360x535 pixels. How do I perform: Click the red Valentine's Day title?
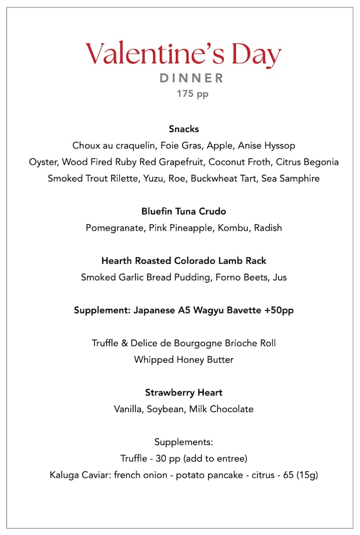(183, 55)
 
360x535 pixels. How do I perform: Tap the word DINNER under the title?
(192, 78)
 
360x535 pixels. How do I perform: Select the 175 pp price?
(193, 94)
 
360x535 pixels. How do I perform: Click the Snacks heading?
(183, 129)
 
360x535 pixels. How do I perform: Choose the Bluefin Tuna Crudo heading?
(183, 211)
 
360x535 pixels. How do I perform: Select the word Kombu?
(233, 228)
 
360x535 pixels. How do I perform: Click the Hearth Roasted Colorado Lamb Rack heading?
(183, 261)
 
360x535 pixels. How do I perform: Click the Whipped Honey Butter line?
(183, 360)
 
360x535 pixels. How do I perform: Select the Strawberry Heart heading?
(183, 393)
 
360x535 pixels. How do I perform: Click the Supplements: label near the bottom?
(183, 442)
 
